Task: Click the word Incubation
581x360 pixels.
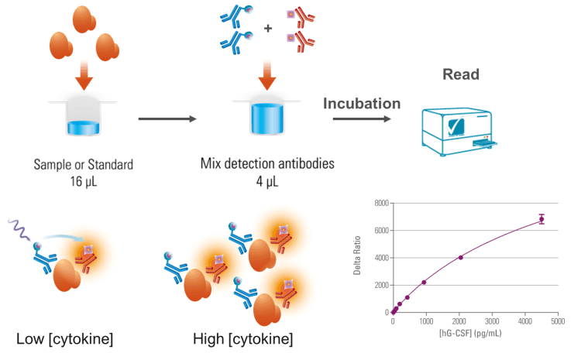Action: pyautogui.click(x=362, y=103)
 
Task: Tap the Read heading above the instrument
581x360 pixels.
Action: pyautogui.click(x=462, y=75)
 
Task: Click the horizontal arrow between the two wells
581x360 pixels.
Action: pyautogui.click(x=167, y=118)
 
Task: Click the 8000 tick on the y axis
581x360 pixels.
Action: pyautogui.click(x=380, y=204)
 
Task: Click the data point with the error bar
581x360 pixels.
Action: pyautogui.click(x=541, y=220)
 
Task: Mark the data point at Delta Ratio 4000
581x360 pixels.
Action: pyautogui.click(x=461, y=258)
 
